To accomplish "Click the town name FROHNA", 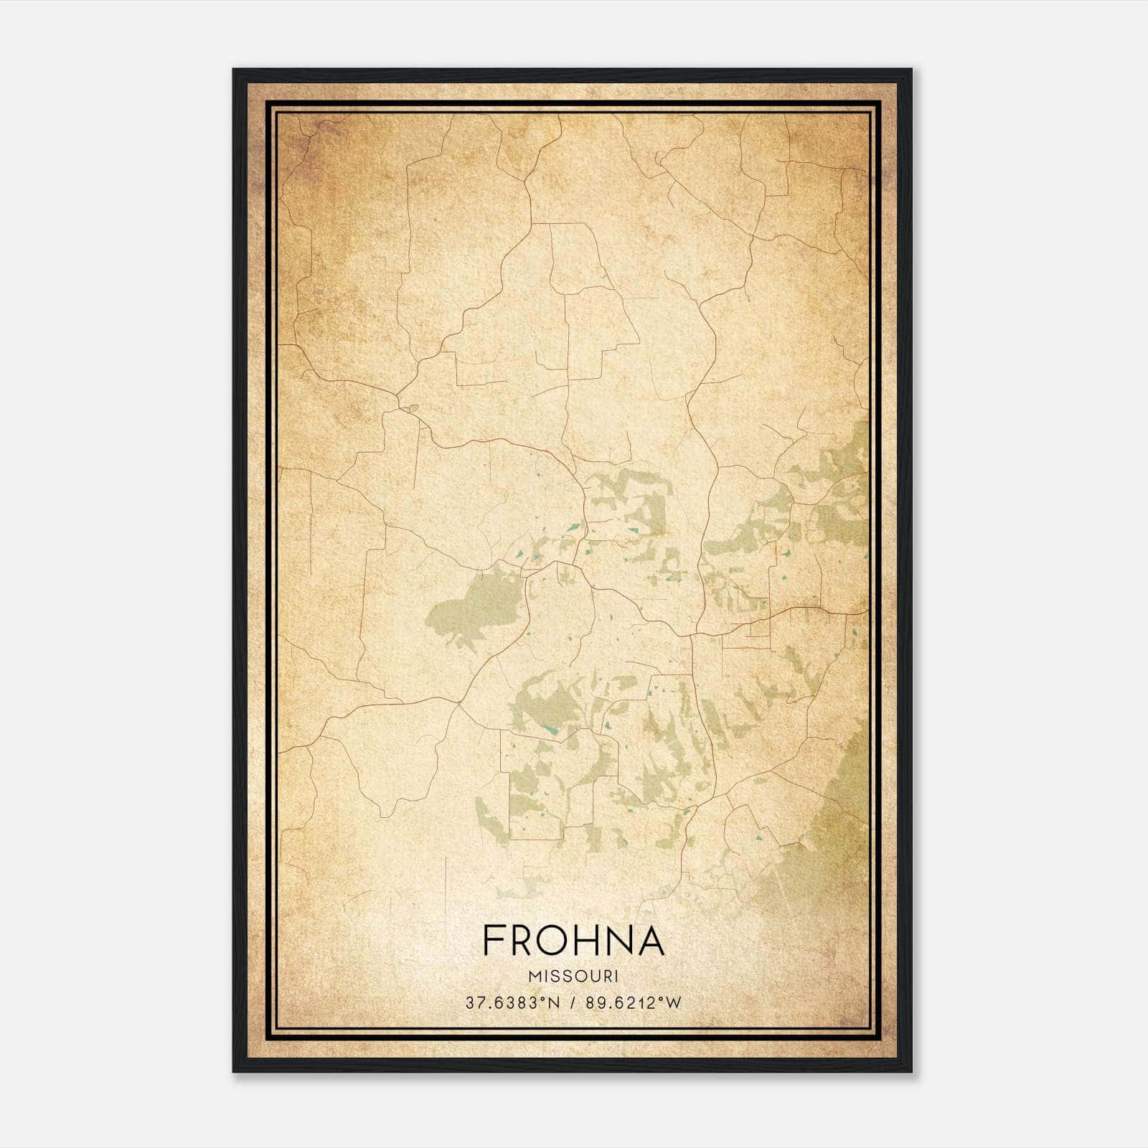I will (x=573, y=940).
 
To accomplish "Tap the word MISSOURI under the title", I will (x=573, y=977).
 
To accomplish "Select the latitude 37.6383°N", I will (x=512, y=1003).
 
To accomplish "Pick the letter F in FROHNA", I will (x=493, y=940).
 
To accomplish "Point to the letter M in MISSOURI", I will (x=534, y=977).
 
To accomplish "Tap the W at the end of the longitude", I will (x=673, y=1003).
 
